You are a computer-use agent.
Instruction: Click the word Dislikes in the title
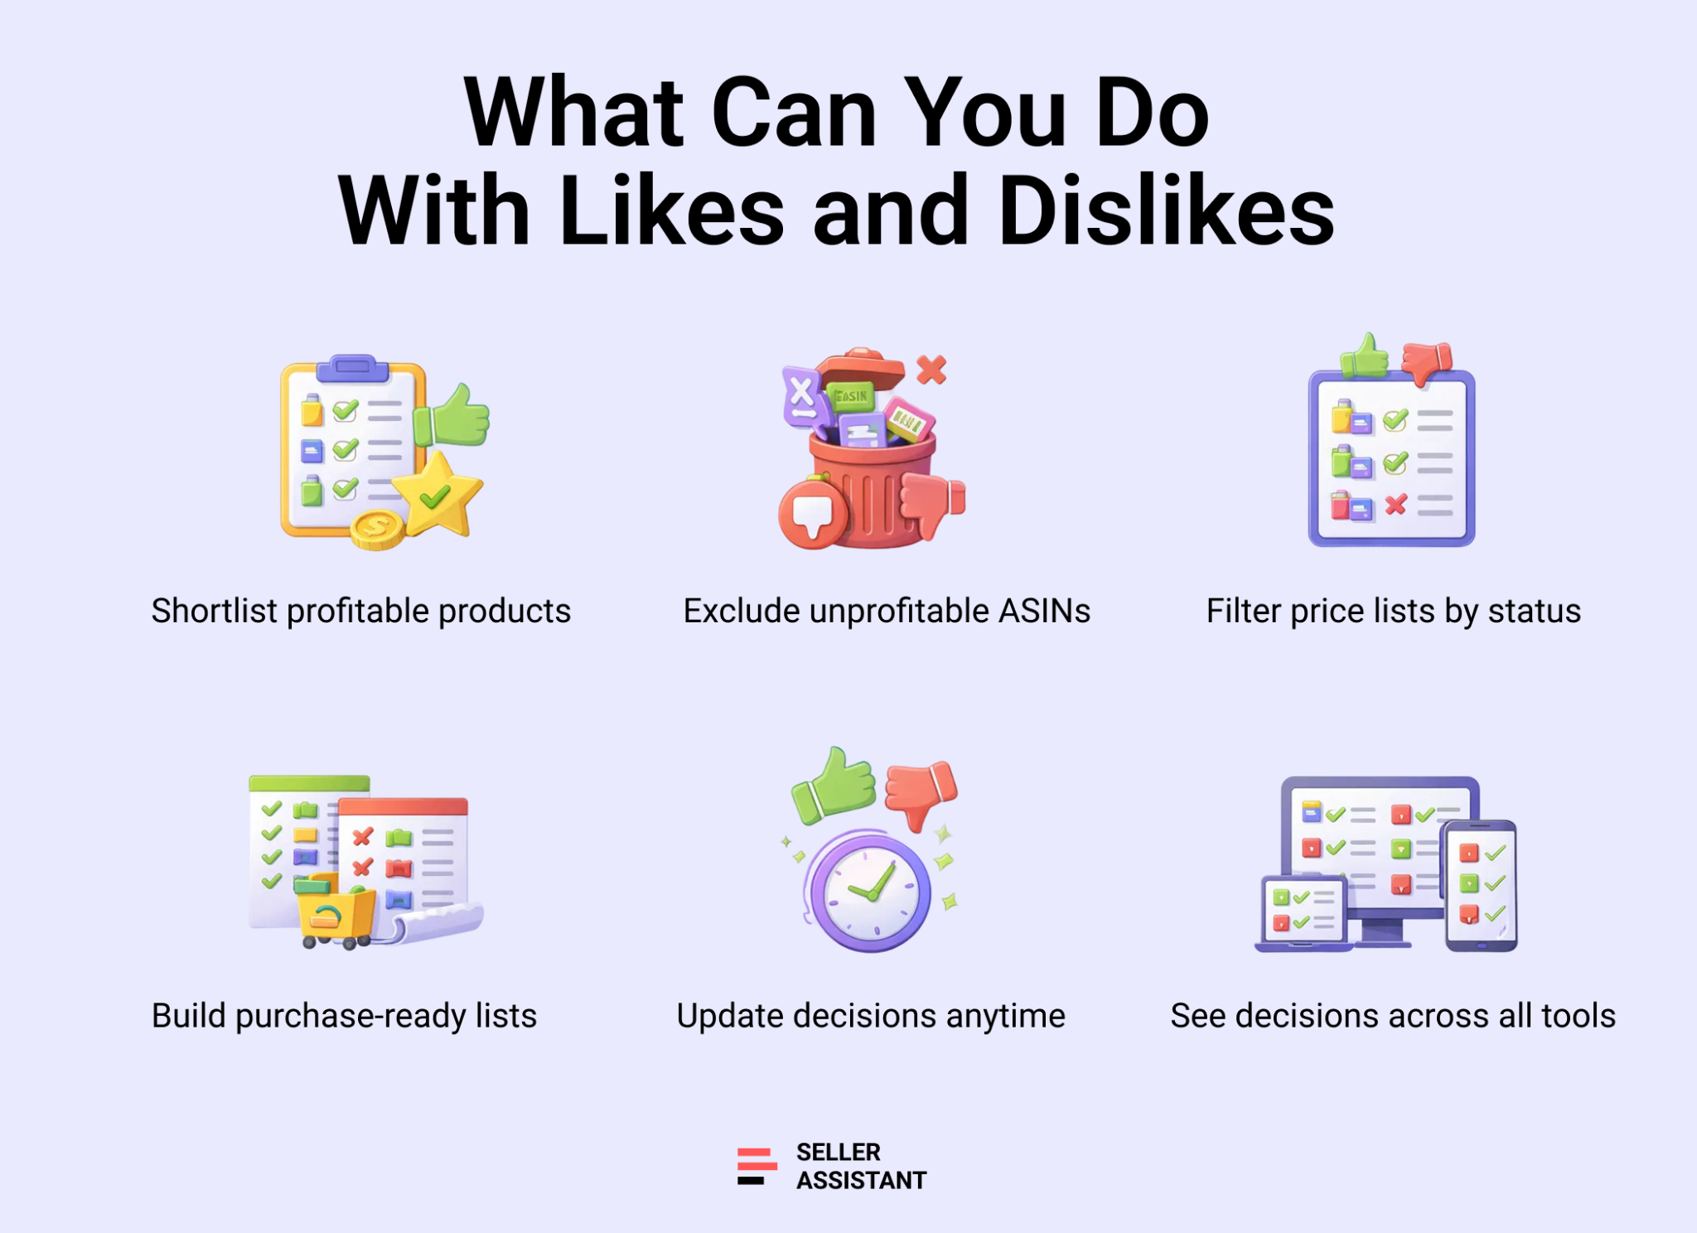[1167, 210]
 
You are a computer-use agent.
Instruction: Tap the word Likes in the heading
[671, 210]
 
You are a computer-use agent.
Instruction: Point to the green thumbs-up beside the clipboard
[452, 416]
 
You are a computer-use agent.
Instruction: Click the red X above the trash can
[932, 370]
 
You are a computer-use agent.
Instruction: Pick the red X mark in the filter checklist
[1396, 504]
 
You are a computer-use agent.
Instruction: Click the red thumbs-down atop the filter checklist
[1427, 362]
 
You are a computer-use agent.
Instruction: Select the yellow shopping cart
[335, 912]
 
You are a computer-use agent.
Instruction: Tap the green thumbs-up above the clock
[834, 784]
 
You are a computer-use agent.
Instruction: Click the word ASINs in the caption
[1044, 611]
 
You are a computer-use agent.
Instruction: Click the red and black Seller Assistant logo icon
[757, 1166]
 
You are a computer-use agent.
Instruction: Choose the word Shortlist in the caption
[215, 611]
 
